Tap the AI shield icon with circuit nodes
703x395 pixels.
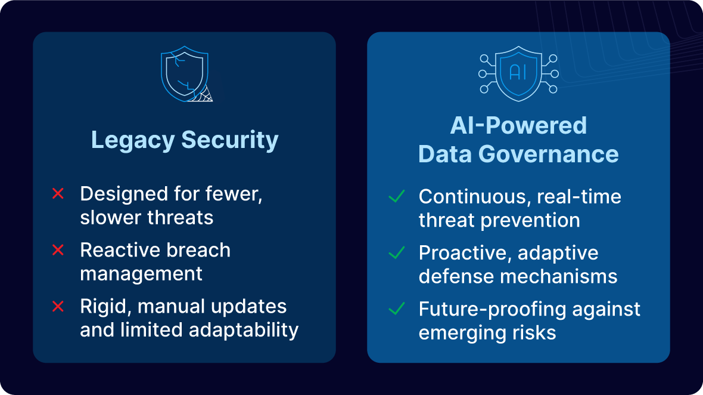518,73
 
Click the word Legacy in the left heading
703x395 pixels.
132,140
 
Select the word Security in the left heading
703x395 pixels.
230,140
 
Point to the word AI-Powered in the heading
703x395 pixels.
518,126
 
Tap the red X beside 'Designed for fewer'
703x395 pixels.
58,194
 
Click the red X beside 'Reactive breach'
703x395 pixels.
58,251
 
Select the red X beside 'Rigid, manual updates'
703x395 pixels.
58,307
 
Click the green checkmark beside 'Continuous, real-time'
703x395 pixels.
396,196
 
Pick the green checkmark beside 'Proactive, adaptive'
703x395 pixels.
396,253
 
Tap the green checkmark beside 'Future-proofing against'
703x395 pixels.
396,309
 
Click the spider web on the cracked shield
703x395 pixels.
204,94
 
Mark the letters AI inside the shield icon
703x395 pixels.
518,72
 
